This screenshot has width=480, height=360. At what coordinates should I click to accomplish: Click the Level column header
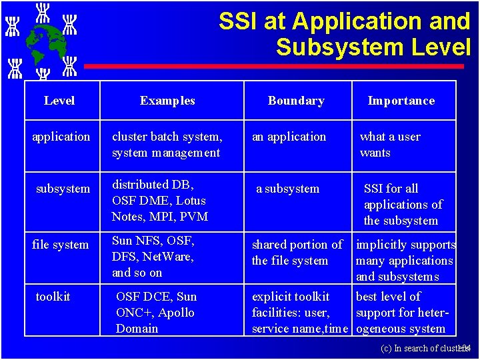[59, 101]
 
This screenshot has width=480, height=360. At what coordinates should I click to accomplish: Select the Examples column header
[167, 101]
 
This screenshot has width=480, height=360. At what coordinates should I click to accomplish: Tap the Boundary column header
[296, 101]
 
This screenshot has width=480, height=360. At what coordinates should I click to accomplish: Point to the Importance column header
[401, 101]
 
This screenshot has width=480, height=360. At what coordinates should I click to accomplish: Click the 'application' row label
[61, 137]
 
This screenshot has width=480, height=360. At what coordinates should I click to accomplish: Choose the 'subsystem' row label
[63, 189]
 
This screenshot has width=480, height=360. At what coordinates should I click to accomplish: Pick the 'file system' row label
[60, 245]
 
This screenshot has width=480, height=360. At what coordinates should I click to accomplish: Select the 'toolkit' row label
[53, 297]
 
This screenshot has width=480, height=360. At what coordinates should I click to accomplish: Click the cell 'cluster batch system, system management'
[167, 145]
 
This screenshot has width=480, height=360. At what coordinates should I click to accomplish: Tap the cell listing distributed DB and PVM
[160, 201]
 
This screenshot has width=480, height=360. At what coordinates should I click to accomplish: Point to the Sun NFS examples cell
[153, 257]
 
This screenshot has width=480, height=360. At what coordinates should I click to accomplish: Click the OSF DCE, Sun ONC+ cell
[156, 313]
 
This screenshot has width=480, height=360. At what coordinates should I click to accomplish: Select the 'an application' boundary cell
[289, 137]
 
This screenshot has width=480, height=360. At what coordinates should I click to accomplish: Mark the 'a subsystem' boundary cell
[287, 189]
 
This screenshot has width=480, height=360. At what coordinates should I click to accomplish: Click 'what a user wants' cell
[390, 145]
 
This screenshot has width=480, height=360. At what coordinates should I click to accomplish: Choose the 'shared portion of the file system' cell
[297, 253]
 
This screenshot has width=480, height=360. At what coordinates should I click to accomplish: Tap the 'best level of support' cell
[400, 313]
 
